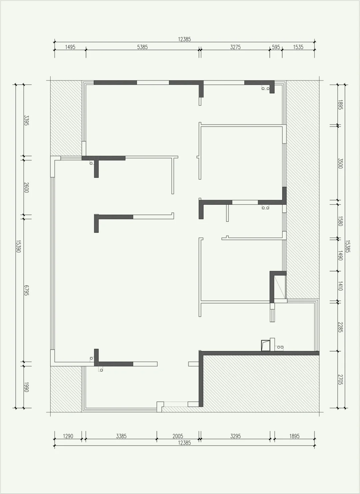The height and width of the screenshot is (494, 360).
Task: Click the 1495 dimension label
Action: (70, 47)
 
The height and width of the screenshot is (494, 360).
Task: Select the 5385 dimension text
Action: (142, 47)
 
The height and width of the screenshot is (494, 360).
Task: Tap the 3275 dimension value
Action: (235, 47)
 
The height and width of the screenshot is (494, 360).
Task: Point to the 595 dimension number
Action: (276, 47)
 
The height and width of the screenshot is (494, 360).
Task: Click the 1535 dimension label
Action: (298, 47)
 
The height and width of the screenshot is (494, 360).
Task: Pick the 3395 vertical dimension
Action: (26, 120)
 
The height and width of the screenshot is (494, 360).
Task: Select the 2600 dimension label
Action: (26, 187)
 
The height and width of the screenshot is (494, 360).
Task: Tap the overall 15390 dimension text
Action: (19, 246)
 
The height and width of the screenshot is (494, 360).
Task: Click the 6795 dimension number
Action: (26, 290)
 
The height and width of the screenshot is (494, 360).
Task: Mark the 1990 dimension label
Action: (26, 387)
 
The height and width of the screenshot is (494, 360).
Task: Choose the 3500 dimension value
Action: (340, 163)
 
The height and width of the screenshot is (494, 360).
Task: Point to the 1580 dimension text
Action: (340, 221)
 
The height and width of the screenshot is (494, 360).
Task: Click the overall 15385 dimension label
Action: (348, 246)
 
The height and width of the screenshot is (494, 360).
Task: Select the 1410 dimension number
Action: (340, 286)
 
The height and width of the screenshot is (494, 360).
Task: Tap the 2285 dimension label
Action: (340, 327)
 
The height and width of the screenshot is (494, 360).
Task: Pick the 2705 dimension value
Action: (340, 380)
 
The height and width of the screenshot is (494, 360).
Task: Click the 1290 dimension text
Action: (68, 436)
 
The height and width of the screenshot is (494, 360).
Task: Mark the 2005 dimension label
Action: (178, 436)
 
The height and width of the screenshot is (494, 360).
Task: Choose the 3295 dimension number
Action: (235, 436)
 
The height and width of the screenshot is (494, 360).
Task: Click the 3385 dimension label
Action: (121, 436)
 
